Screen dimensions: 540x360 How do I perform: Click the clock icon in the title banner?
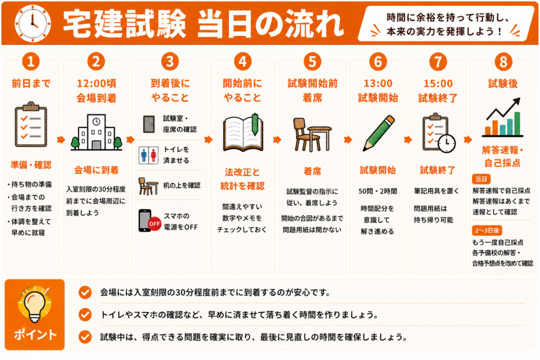point(33,23)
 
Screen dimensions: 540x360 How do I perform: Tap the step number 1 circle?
point(31,62)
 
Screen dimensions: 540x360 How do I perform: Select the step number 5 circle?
point(312,62)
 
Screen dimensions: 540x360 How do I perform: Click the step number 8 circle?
point(503,62)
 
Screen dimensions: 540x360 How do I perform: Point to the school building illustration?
point(97,132)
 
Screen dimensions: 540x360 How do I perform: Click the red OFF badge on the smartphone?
point(155,223)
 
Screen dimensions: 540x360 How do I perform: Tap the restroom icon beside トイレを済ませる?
point(148,155)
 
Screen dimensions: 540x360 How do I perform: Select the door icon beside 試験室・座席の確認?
point(149,124)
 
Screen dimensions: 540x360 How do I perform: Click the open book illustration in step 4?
point(243,132)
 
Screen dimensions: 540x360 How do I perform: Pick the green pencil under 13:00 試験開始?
point(379,133)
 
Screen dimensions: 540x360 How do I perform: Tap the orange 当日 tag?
point(481,179)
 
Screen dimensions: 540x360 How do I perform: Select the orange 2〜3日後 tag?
point(487,230)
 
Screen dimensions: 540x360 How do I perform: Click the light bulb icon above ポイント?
point(34,304)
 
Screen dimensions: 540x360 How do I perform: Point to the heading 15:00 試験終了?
point(438,91)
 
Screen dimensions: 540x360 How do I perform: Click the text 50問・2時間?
point(378,191)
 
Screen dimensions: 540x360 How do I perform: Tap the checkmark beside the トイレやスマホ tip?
point(85,315)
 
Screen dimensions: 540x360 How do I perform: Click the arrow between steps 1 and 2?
point(61,139)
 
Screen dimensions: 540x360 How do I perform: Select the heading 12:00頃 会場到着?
point(97,91)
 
